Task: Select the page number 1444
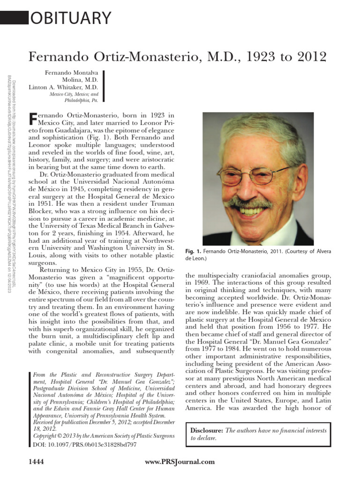(37, 462)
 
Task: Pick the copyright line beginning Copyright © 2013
(102, 435)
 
